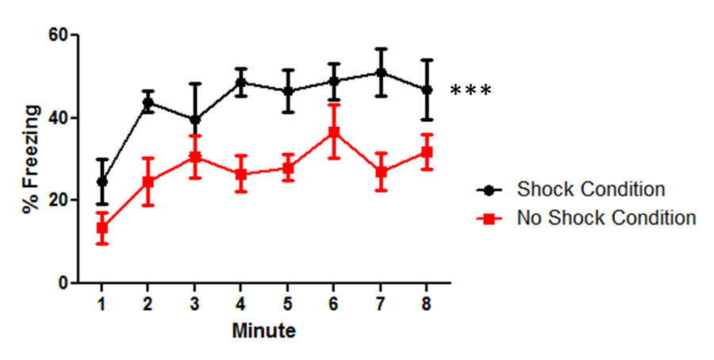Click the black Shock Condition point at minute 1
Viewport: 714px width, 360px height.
[x=102, y=182]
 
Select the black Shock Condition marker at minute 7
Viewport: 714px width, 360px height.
[x=381, y=73]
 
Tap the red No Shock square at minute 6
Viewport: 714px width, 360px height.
[x=334, y=132]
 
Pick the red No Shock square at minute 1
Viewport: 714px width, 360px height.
[x=102, y=228]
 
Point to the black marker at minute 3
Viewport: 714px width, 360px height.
[x=194, y=120]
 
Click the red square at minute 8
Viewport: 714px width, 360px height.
[x=427, y=152]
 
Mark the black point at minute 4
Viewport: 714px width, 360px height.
[x=241, y=82]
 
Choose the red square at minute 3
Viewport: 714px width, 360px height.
[x=194, y=157]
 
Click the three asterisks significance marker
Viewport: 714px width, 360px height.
[x=470, y=91]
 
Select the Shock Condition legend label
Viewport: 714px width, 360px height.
[x=590, y=190]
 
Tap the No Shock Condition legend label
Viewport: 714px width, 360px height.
[x=606, y=218]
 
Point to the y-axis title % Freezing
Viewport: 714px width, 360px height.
[x=30, y=159]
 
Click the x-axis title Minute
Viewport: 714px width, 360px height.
[x=263, y=331]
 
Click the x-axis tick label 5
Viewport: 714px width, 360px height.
[x=287, y=304]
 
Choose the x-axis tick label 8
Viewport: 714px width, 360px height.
[x=427, y=304]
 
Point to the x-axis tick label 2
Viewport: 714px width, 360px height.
[x=148, y=304]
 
